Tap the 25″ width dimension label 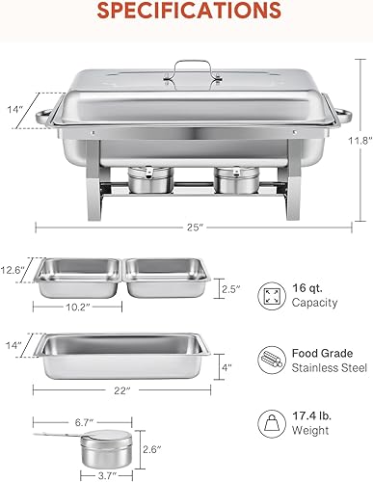197,228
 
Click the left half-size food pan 81,278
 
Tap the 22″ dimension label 121,389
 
